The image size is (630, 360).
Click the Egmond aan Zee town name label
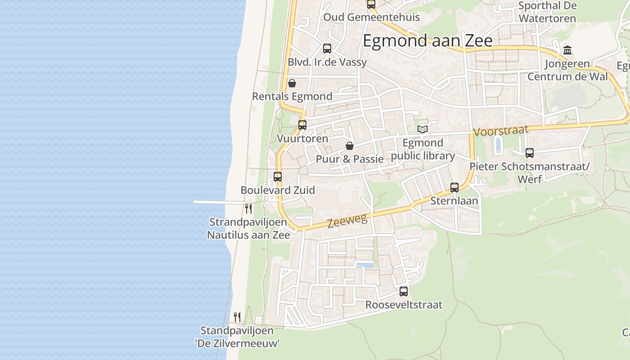pyautogui.click(x=427, y=41)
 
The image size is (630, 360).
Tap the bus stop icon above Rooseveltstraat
pyautogui.click(x=404, y=292)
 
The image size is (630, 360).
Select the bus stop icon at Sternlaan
pyautogui.click(x=454, y=188)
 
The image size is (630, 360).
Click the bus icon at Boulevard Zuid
pyautogui.click(x=278, y=177)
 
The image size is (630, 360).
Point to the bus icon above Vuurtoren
pyautogui.click(x=302, y=125)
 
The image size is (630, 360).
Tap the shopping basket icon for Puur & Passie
pyautogui.click(x=350, y=146)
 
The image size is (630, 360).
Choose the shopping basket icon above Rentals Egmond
pyautogui.click(x=292, y=83)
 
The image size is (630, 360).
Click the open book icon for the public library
pyautogui.click(x=422, y=130)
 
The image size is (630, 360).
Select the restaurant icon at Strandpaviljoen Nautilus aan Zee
pyautogui.click(x=248, y=208)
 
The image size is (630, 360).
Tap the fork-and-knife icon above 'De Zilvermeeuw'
pyautogui.click(x=237, y=317)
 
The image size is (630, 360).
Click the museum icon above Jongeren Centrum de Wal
pyautogui.click(x=567, y=50)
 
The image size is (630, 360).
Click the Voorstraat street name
pyautogui.click(x=500, y=131)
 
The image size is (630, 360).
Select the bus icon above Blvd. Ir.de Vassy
pyautogui.click(x=327, y=49)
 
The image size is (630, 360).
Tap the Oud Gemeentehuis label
pyautogui.click(x=372, y=18)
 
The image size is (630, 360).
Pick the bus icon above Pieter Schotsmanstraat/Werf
pyautogui.click(x=530, y=153)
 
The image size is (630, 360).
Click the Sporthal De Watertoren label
pyautogui.click(x=547, y=12)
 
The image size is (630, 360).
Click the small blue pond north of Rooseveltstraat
pyautogui.click(x=365, y=265)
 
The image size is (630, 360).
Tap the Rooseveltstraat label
pyautogui.click(x=404, y=305)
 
